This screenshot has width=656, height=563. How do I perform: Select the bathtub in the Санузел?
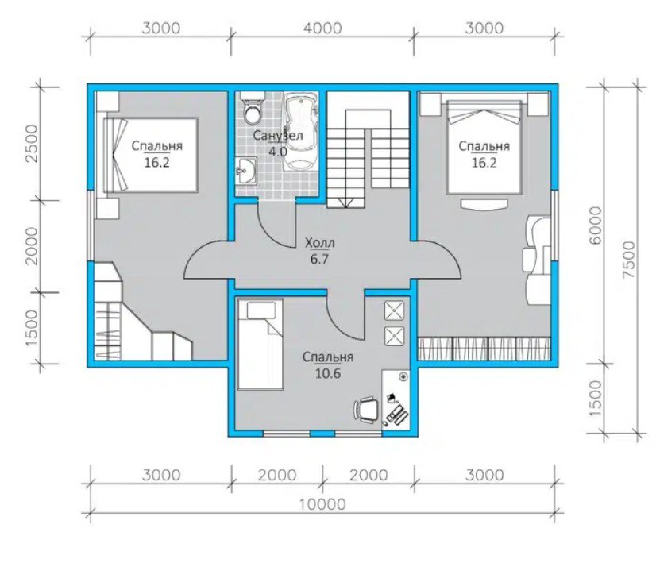coord(300,131)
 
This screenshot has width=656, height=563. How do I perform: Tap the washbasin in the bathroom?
coord(246,171)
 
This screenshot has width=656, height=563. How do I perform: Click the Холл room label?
coord(320,243)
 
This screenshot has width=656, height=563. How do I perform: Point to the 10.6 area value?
coord(328,373)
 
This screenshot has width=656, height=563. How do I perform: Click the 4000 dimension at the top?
coord(323,29)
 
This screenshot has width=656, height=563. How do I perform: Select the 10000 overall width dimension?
coord(322,504)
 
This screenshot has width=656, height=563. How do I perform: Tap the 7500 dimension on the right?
coord(628,260)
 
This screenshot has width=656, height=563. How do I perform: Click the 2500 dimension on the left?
coord(32,144)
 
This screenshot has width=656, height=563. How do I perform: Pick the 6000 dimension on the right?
coord(595,226)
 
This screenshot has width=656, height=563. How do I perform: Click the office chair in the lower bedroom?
coord(367,408)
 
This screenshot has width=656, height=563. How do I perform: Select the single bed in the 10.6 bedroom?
coord(260,345)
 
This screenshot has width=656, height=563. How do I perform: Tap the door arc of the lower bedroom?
coord(341,323)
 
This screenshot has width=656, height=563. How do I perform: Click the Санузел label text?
coord(278,136)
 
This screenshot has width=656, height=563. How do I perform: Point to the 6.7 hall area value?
coord(319,260)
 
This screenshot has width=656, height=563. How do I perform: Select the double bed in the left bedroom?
coord(151,155)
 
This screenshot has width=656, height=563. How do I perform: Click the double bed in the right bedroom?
coord(484,147)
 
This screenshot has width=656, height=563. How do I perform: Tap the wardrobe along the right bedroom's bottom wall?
coord(484,348)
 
